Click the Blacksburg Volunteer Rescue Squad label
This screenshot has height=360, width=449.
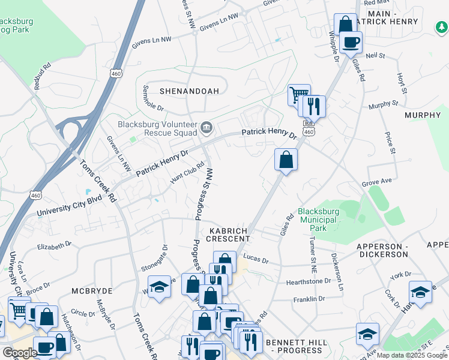tap(157, 128)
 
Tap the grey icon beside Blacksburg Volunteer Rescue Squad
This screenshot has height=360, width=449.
tap(206, 127)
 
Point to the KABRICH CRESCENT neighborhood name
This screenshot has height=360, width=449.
tap(229, 234)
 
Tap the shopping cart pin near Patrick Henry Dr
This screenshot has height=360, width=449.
tap(298, 95)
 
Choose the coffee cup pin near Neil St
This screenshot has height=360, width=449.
tap(351, 42)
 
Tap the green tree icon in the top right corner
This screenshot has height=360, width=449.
tap(441, 27)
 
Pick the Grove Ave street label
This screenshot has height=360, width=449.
tap(376, 182)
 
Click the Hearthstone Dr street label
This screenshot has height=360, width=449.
tap(311, 281)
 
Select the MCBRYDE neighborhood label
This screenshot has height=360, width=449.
tap(89, 290)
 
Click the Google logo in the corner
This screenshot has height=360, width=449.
tap(19, 353)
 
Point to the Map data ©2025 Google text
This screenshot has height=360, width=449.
tap(412, 355)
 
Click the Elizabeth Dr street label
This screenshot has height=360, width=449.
tap(54, 245)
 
